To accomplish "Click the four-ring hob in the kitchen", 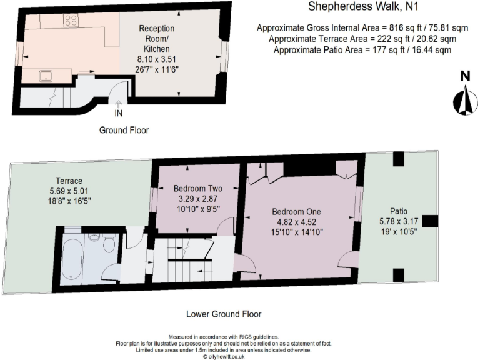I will (71, 21).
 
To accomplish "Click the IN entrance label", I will (119, 114).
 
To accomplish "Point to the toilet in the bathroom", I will (108, 244).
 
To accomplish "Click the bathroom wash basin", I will (94, 236).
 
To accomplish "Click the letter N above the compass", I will (464, 76).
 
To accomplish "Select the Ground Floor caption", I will (124, 130).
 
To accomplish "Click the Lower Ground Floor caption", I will (224, 314).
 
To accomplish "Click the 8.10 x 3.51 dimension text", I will (156, 59).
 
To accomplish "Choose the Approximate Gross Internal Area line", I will (362, 28).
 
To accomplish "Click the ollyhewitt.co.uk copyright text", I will (224, 357).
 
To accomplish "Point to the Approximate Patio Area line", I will (362, 49).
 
